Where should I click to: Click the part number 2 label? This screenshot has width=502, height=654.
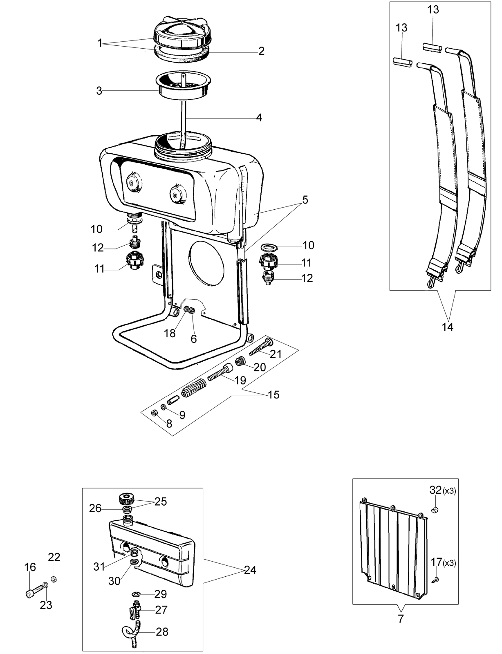261,51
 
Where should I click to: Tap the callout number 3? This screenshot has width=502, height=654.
99,91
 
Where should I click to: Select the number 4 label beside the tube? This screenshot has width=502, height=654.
259,117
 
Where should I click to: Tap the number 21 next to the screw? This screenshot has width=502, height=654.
276,354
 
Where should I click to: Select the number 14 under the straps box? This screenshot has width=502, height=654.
448,327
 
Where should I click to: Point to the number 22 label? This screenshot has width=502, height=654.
54,557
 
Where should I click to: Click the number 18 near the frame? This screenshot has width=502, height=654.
170,333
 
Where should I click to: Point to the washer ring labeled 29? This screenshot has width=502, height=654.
137,594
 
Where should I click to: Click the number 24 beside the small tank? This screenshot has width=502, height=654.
250,570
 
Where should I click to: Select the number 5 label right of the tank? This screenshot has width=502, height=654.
305,199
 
